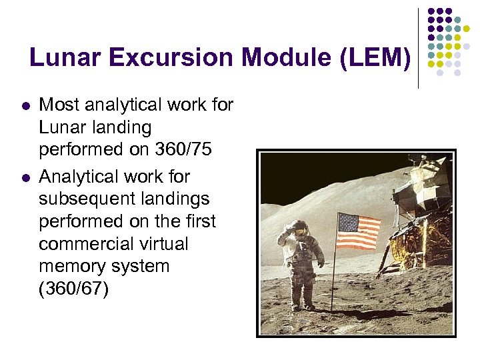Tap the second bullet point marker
click(25, 178)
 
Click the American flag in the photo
click(359, 231)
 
